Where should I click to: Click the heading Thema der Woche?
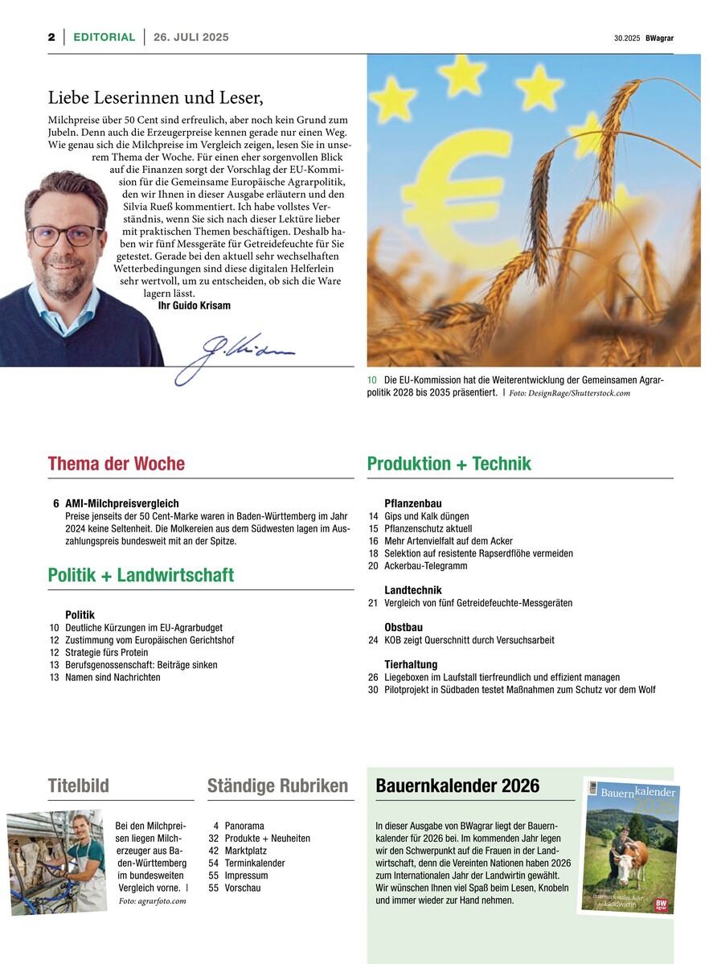pos(116,464)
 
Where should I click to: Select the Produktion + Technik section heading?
pos(449,464)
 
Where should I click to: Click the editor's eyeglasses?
pos(65,235)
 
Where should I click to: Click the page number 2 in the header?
pos(51,37)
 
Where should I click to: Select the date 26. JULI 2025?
pos(191,37)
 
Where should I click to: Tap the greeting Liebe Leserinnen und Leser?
pos(156,98)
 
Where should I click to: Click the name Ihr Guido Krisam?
pos(194,306)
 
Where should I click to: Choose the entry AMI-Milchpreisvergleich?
pos(122,503)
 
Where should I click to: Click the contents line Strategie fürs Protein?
pos(106,652)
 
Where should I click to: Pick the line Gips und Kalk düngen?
pos(426,516)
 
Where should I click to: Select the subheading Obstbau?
pos(404,627)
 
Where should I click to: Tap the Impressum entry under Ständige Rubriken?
pos(247,876)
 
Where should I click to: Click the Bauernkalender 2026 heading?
pos(457,786)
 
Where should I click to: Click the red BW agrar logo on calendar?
pos(662,904)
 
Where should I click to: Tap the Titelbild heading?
pos(78,786)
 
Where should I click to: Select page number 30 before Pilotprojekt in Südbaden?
pos(373,690)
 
